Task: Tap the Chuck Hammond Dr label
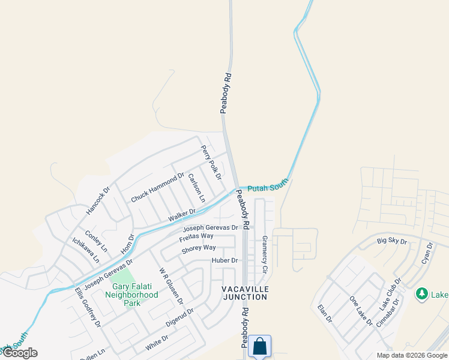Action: pos(157,187)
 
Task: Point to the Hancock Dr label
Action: pos(98,200)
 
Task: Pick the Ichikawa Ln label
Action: pos(86,251)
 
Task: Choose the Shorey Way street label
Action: pos(198,248)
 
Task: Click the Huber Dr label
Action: pos(225,260)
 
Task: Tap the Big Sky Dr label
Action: pos(391,241)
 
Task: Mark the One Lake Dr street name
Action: pos(361,311)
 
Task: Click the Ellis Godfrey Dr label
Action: pos(88,307)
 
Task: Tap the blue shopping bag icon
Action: pos(259,346)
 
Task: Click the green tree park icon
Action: pos(422,294)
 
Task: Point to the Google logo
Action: pos(19,353)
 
